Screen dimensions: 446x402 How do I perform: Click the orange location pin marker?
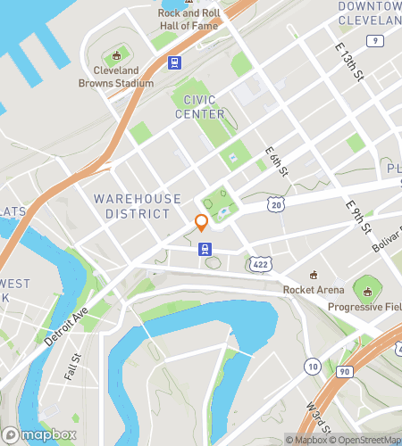pos(202,223)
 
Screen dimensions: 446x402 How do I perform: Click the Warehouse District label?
pos(137,206)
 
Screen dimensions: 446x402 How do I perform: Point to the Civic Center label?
pos(200,106)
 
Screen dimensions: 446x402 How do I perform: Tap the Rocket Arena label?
pos(314,290)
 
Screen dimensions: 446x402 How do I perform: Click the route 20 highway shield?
pos(278,205)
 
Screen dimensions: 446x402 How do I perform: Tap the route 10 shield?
pos(312,366)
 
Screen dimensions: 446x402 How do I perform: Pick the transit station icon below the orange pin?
pos(205,251)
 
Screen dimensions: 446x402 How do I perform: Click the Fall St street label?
pos(72,366)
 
